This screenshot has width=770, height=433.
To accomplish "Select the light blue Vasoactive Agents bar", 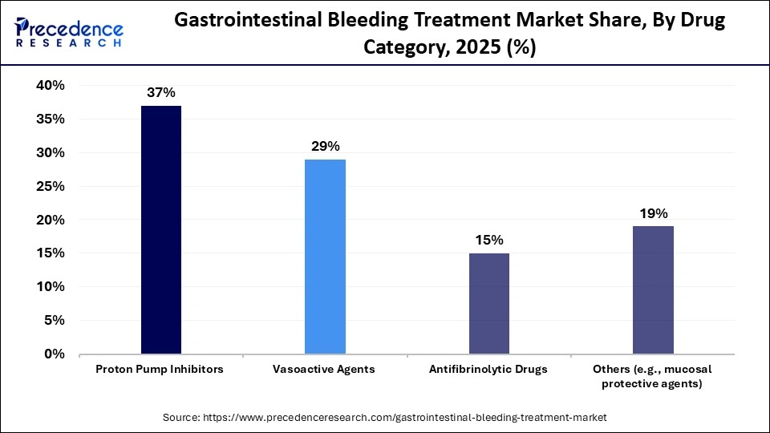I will click(x=325, y=257).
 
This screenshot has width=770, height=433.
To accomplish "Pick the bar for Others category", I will click(x=653, y=289).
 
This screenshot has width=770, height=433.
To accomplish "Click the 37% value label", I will click(x=161, y=92).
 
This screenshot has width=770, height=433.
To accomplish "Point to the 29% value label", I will click(x=325, y=146).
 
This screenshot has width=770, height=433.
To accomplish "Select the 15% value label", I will click(x=488, y=240).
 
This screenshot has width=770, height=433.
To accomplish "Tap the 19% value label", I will click(x=653, y=213).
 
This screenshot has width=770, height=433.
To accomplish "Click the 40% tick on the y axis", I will click(x=50, y=86).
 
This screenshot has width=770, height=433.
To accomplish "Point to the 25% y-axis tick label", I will click(x=50, y=186).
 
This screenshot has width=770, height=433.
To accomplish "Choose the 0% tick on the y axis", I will click(x=54, y=354).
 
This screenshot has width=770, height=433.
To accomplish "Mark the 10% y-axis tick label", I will click(x=50, y=287).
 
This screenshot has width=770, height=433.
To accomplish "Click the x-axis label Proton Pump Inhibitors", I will click(x=160, y=370).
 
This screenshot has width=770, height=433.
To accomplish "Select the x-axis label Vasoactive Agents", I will click(x=325, y=370).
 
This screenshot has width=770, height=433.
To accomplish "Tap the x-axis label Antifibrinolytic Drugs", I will click(x=488, y=370).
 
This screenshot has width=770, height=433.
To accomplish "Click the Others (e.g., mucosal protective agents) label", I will click(x=652, y=376).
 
